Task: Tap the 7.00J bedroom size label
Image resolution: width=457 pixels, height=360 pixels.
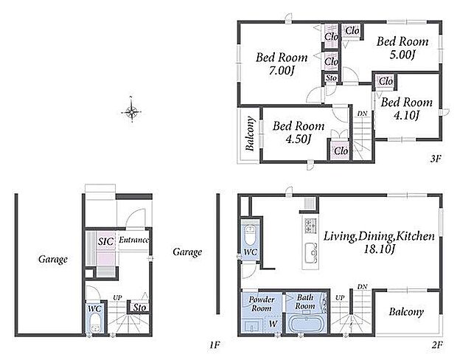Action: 281,71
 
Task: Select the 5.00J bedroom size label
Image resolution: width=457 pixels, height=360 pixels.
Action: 402,55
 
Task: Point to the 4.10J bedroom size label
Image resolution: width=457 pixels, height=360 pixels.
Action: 407,116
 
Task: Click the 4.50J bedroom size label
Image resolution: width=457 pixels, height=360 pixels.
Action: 298,139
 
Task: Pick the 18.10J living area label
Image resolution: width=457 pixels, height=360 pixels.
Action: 379,249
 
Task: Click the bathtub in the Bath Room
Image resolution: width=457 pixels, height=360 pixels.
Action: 306,324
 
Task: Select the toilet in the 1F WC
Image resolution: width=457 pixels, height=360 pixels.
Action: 95,324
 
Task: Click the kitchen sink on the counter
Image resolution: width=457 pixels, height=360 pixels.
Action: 311,253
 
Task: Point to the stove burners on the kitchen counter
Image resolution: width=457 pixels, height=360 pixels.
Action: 310,225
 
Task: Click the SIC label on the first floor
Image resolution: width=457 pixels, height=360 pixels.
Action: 105,241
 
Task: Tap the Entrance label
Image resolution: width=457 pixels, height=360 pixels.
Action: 133,240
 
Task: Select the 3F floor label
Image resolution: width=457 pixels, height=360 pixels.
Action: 436,159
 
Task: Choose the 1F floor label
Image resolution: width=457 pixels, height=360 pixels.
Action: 214,345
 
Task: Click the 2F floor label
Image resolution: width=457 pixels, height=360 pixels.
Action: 437,345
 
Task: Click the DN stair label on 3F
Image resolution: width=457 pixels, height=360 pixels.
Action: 362,114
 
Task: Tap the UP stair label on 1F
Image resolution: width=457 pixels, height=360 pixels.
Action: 117,298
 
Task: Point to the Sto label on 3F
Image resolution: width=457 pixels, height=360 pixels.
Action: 332,78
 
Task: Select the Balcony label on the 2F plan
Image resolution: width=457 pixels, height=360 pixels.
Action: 406,312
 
